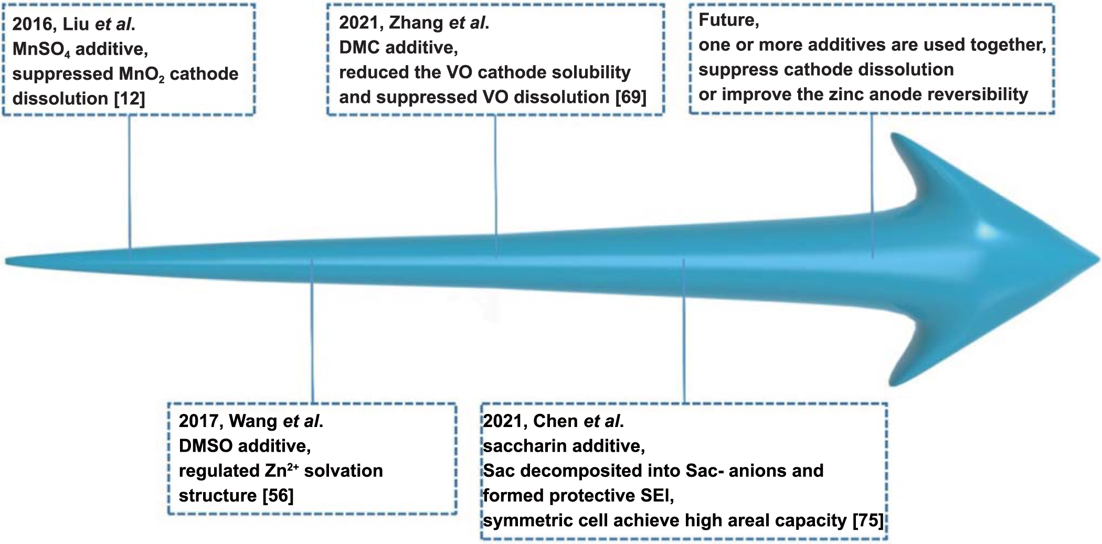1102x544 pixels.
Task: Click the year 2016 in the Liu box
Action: [x=33, y=24]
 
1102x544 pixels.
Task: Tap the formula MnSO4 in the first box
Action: [x=41, y=49]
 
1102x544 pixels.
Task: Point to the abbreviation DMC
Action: [x=359, y=48]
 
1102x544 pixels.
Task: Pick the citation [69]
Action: [x=631, y=98]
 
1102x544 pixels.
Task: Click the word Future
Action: [x=728, y=20]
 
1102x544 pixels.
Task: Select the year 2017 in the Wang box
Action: [x=199, y=421]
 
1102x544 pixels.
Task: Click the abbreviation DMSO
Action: [x=205, y=446]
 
